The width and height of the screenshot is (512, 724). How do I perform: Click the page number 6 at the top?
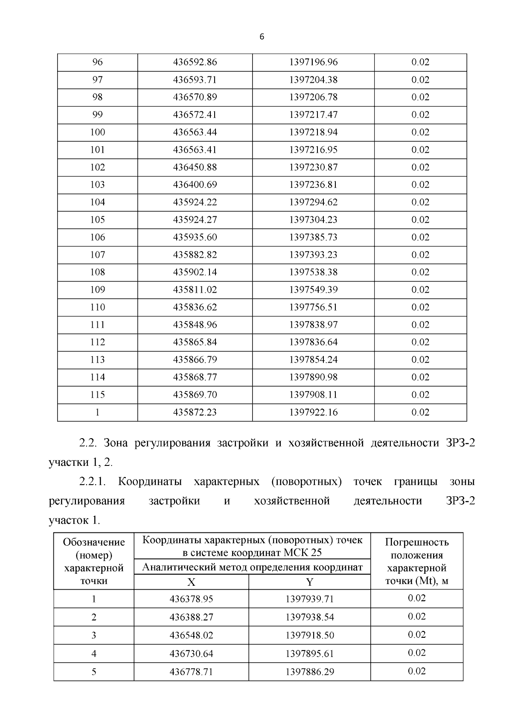(262, 37)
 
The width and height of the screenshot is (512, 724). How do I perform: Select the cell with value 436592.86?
(195, 62)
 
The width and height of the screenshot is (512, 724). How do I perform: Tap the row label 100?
(97, 132)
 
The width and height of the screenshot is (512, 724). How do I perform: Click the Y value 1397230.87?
(313, 167)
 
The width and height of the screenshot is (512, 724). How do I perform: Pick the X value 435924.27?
(195, 220)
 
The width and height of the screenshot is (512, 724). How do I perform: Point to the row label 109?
(97, 290)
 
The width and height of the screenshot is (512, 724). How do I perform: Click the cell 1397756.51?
(313, 307)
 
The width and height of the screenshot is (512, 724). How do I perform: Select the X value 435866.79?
(195, 360)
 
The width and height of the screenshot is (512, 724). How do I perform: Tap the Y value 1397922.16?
(313, 412)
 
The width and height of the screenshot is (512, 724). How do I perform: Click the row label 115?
(97, 395)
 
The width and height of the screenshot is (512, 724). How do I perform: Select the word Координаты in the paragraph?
(150, 482)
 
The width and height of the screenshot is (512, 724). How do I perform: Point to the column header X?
(191, 582)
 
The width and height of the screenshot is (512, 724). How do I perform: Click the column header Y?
(310, 582)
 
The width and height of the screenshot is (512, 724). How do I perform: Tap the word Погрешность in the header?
(417, 542)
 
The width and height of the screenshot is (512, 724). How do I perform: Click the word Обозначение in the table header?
(94, 542)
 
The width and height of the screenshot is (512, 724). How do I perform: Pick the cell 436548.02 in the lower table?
(191, 635)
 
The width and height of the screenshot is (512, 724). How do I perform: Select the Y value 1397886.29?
(310, 672)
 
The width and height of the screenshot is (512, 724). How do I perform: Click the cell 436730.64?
(191, 654)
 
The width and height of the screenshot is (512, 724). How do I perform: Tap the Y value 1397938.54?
(310, 617)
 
